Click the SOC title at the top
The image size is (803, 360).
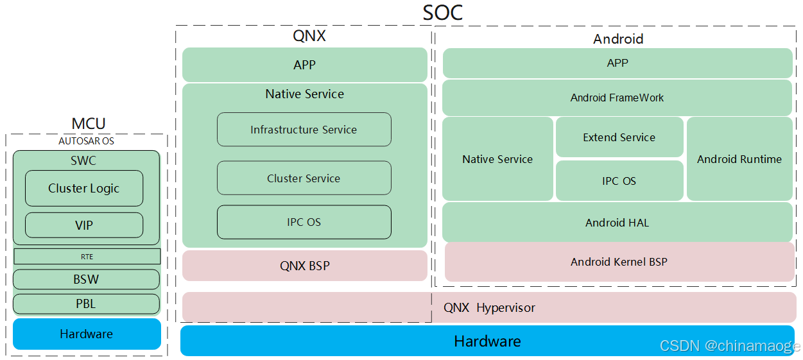[x=442, y=13]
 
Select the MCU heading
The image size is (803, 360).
[x=88, y=123]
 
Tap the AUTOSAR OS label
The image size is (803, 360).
[x=86, y=141]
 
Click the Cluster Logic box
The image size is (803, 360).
[x=84, y=189]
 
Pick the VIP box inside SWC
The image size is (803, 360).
[x=84, y=225]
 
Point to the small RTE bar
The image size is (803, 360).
[x=87, y=257]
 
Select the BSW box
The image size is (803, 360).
[x=86, y=280]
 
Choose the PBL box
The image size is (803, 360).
[x=86, y=304]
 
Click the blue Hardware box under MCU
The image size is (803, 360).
[x=87, y=334]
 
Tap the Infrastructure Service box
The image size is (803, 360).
[x=304, y=130]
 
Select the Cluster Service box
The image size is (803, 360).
[x=304, y=178]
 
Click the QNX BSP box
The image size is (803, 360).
[x=305, y=266]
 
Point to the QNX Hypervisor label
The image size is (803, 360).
[x=489, y=308]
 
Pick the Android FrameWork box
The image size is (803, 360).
[x=617, y=98]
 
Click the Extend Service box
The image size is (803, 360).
[x=619, y=137]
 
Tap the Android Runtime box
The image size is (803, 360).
[x=739, y=159]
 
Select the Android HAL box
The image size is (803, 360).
[x=617, y=223]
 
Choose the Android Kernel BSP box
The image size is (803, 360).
[x=619, y=262]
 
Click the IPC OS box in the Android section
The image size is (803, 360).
[x=619, y=181]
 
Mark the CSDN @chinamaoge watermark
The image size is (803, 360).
[x=730, y=346]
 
